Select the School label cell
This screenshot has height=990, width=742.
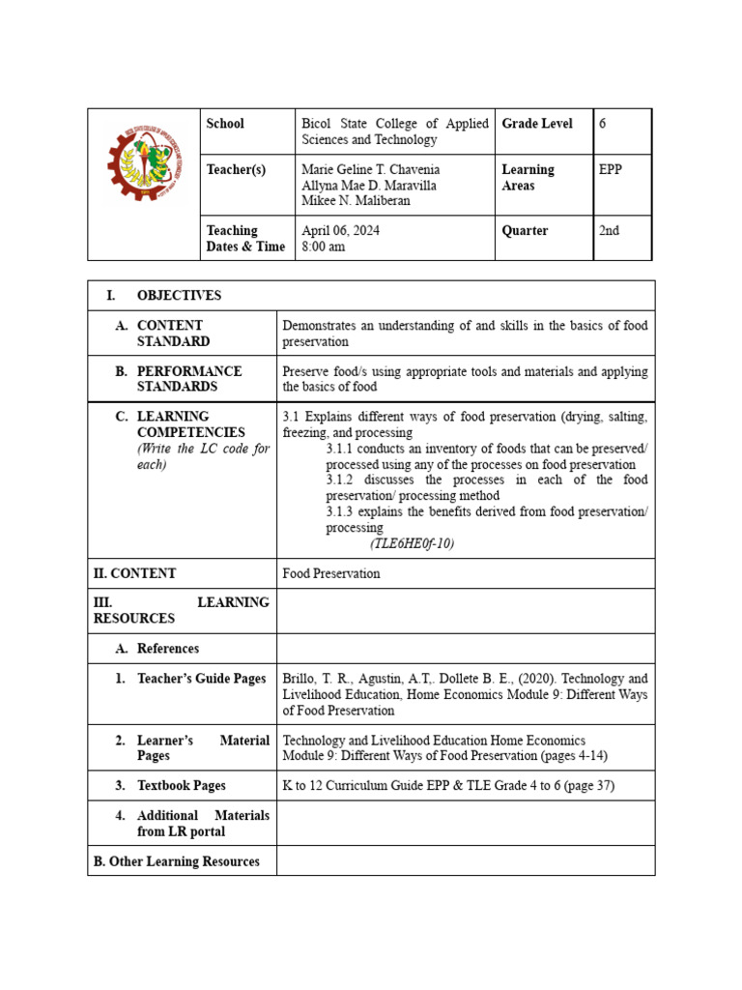coord(225,124)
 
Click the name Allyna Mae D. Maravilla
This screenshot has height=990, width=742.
coord(369,186)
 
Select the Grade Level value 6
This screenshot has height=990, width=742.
coord(603,124)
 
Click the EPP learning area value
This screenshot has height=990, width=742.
coord(611,170)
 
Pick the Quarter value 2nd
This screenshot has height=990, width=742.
coord(609,231)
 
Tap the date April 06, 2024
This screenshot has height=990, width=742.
coord(339,231)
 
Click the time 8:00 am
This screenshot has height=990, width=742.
coord(323,247)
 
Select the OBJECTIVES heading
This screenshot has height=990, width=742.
coord(179,296)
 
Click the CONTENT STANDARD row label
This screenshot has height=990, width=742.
coord(170,334)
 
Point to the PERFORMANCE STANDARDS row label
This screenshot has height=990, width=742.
coord(189,379)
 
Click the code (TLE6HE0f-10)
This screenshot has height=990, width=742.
coord(412,543)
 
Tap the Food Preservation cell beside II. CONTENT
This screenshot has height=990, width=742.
coord(331,573)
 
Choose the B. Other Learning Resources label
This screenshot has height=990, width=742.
coord(176,861)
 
